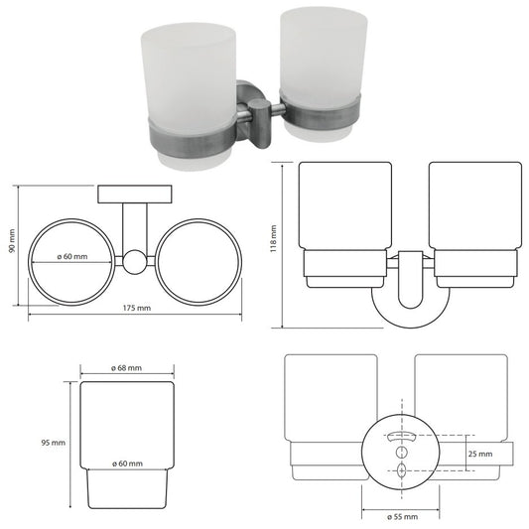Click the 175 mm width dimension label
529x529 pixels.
click(136, 308)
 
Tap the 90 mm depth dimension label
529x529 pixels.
click(12, 241)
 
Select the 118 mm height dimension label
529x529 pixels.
click(273, 238)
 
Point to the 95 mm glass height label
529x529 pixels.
click(54, 443)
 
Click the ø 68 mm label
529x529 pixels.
click(126, 368)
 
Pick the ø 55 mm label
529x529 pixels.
click(403, 516)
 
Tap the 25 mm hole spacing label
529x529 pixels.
click(480, 454)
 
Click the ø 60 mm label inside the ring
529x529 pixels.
click(72, 256)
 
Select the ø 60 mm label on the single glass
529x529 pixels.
click(127, 463)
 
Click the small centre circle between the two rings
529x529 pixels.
click(135, 261)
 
